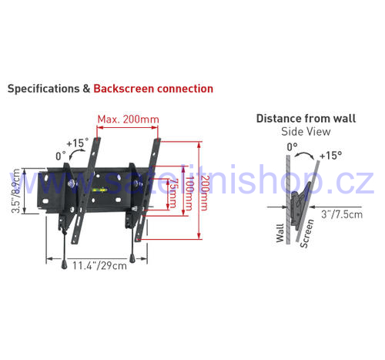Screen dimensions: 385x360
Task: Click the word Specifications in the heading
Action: tap(43, 89)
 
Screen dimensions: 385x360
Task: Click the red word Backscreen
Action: tap(124, 89)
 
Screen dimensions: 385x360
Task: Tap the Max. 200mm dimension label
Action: tap(128, 119)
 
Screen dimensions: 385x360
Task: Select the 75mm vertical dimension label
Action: tap(172, 193)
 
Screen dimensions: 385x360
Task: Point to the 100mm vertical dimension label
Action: tap(189, 193)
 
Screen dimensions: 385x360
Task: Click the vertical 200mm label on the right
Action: tap(204, 193)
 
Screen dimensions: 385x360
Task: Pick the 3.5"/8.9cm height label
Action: tap(15, 190)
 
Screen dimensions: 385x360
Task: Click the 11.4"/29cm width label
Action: tap(99, 266)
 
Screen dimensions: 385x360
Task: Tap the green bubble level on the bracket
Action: tap(99, 190)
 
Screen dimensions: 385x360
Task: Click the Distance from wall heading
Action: tap(306, 119)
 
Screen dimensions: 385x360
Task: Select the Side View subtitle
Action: tap(306, 132)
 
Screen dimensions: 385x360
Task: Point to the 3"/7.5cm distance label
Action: tap(342, 214)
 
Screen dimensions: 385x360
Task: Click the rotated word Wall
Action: tap(280, 233)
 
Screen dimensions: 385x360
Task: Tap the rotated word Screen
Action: tap(307, 234)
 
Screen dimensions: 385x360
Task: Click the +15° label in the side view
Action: tap(330, 156)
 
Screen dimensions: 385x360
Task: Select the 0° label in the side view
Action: tap(292, 147)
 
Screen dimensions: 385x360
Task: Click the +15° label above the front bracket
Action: tap(78, 143)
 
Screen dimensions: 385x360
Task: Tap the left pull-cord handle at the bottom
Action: tap(64, 264)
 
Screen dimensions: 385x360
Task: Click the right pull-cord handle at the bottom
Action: tap(132, 258)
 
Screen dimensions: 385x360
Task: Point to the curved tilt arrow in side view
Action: tap(304, 153)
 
